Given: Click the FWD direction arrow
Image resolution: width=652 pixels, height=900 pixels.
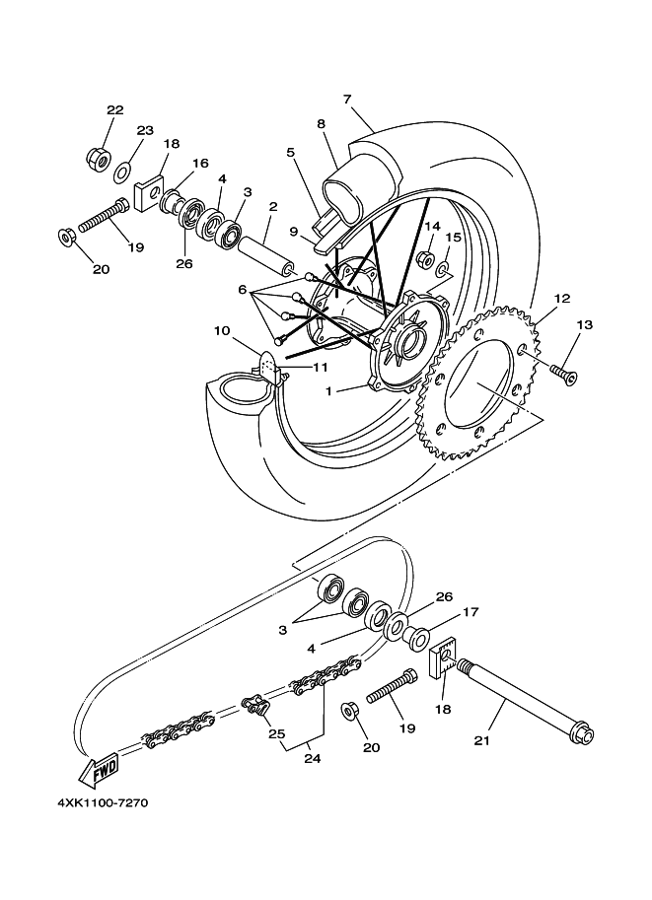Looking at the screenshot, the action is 100,770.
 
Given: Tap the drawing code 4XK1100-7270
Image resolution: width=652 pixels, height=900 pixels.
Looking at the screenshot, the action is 103,802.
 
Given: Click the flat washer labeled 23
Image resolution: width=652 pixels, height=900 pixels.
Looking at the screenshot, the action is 121,173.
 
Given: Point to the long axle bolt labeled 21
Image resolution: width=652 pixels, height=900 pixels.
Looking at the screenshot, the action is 525,703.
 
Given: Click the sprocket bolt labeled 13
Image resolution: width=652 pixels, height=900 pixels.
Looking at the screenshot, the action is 564,373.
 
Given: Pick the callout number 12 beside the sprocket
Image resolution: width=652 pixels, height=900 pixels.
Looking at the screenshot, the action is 562,299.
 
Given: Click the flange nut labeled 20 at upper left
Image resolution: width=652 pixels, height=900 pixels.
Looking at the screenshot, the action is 66,236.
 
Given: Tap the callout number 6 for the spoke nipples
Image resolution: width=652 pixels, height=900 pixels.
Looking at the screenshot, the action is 243,290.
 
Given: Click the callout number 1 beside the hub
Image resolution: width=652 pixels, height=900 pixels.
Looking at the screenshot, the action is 328,391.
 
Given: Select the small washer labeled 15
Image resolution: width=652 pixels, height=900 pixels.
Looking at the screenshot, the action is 445,269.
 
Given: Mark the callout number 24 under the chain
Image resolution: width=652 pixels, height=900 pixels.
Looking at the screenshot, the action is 313,759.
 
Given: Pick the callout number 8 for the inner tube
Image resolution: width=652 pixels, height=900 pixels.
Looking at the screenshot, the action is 321,123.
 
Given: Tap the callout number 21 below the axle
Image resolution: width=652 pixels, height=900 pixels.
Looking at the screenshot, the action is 482,740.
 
